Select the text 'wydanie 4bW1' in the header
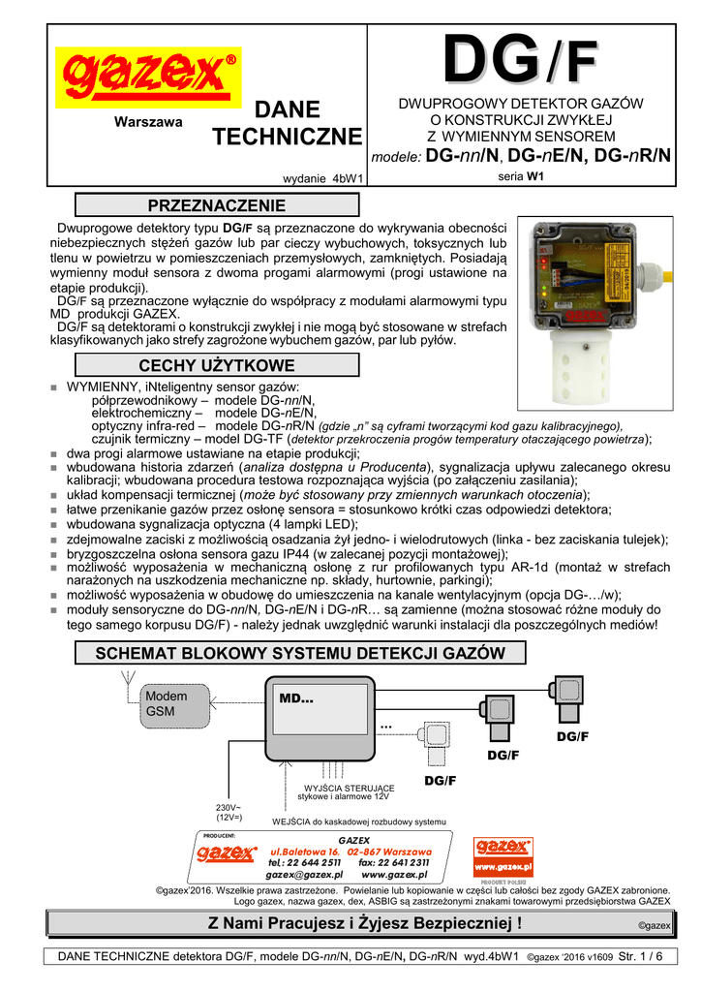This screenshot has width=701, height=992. point(321,178)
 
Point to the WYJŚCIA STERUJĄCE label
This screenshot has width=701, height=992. point(349,790)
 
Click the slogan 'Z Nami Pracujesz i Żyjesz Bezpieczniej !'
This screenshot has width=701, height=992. point(366,923)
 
